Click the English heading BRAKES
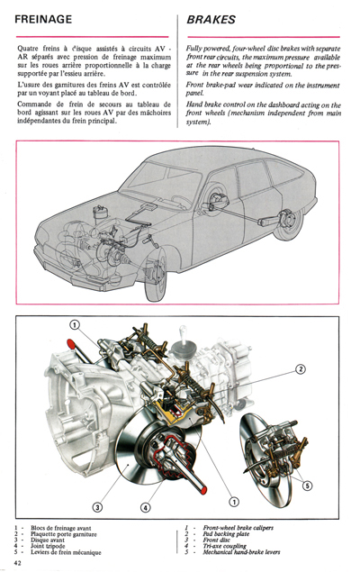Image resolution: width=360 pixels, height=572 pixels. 211,18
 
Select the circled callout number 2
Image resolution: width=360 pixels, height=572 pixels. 301,369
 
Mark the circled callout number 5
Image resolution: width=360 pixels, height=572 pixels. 307,486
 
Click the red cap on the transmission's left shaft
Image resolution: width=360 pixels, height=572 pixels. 69,343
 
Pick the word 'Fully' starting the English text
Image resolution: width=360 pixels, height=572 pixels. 194,47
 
